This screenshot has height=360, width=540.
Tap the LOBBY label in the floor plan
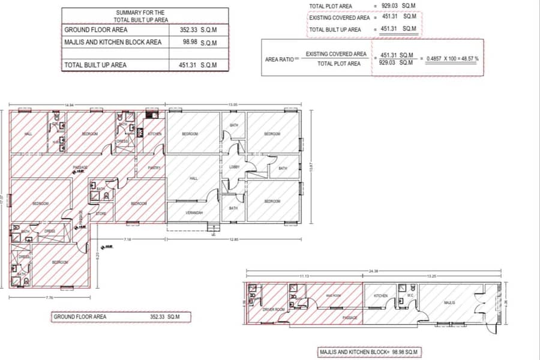click(234, 167)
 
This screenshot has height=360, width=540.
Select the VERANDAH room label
click(193, 212)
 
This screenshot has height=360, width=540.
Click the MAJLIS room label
click(449, 303)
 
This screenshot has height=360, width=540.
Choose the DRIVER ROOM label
click(273, 309)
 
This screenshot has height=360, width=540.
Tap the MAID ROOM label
click(334, 296)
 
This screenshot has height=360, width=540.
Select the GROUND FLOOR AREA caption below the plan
click(80, 316)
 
